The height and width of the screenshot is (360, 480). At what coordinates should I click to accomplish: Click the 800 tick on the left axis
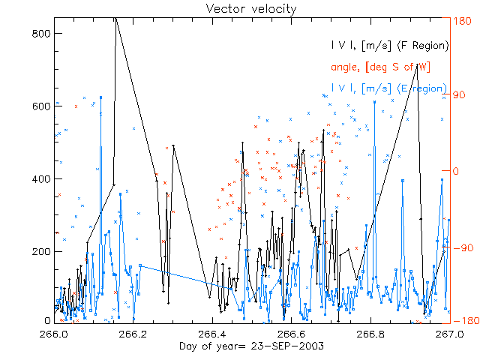[41, 34]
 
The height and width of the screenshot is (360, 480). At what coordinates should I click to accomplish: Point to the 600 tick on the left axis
[41, 106]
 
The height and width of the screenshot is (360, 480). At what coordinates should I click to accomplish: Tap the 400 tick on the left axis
[41, 179]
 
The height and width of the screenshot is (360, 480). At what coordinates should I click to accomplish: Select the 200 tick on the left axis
[41, 251]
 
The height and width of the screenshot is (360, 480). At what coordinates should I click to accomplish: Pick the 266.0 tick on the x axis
[53, 334]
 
